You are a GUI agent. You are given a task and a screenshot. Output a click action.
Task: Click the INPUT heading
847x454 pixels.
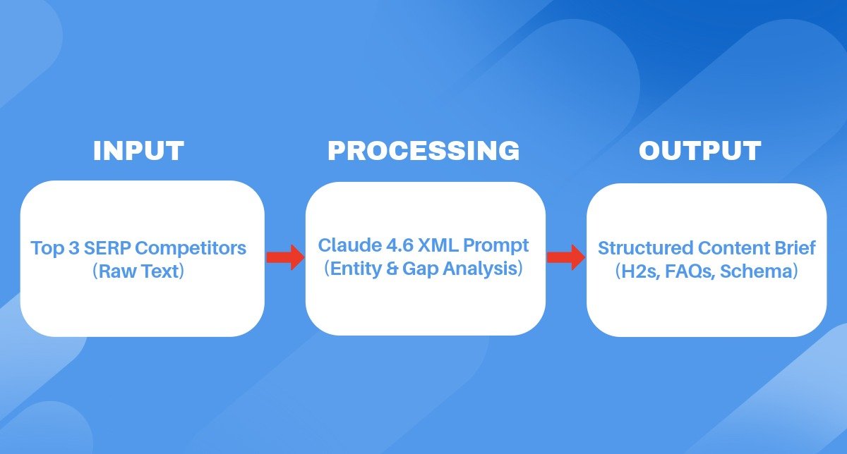pos(138,151)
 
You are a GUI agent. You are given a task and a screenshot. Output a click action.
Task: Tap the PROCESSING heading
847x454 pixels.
pos(423,151)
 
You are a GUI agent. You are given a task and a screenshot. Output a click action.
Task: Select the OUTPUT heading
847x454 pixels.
pos(699,151)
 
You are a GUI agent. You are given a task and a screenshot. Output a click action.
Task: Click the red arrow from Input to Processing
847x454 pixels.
pos(284,257)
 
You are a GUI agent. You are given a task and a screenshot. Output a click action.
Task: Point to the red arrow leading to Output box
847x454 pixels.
pos(566,257)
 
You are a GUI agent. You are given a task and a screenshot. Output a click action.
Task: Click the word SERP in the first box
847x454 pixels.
pos(95,249)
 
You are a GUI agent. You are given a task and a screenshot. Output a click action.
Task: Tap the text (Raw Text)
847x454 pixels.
pos(138,271)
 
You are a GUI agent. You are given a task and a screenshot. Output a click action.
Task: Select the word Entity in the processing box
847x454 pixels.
pos(355,269)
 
